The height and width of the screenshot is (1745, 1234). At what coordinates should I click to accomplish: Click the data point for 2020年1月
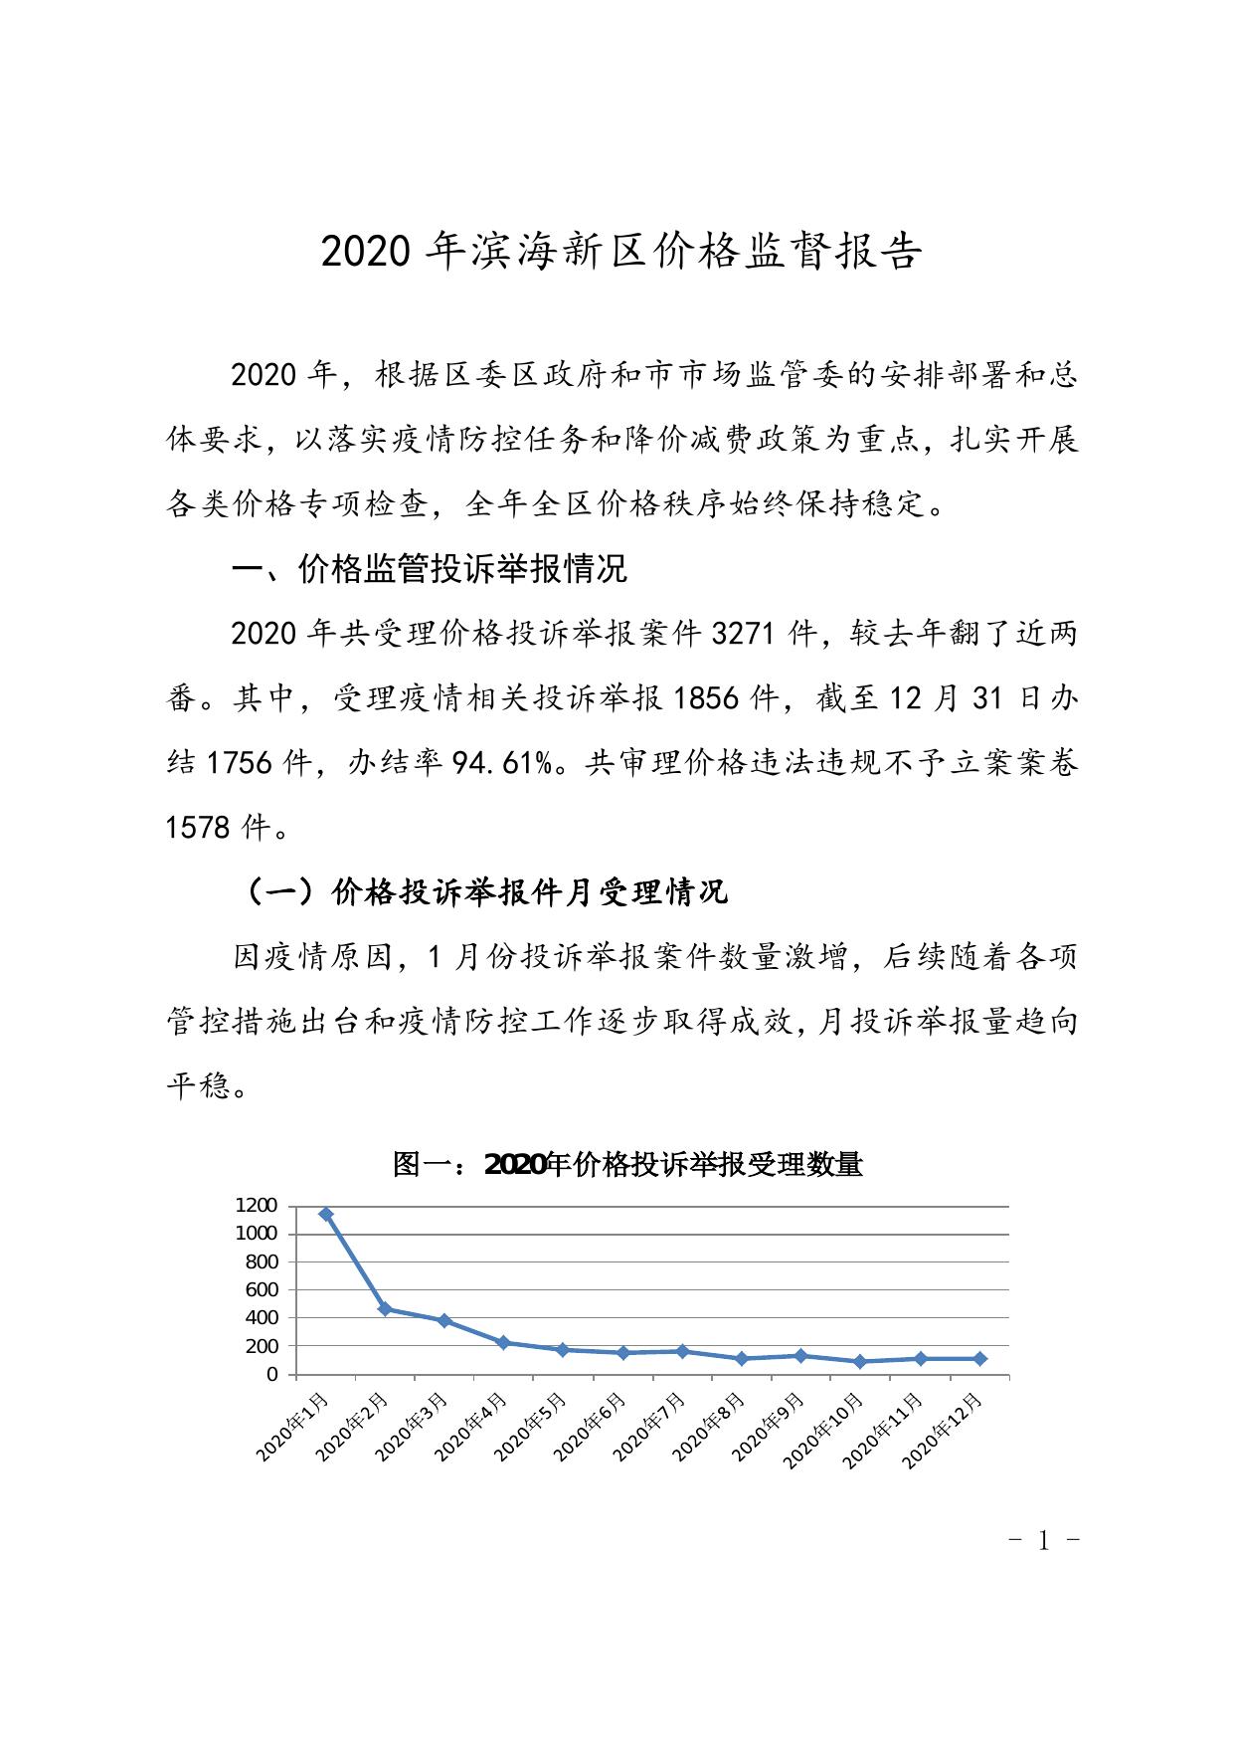325,1214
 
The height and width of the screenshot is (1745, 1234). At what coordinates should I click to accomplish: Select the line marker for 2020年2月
385,1309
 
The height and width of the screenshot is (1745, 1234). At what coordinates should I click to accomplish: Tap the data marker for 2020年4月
503,1342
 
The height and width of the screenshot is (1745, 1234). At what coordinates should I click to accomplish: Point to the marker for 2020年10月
860,1361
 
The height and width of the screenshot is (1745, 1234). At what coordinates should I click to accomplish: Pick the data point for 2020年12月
979,1358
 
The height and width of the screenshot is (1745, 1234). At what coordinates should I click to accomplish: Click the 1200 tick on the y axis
256,1205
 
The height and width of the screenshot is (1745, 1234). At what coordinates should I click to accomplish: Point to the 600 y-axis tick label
262,1289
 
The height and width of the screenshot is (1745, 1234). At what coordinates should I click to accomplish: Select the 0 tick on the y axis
272,1374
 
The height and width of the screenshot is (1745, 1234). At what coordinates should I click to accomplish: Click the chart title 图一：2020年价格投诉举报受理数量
627,1163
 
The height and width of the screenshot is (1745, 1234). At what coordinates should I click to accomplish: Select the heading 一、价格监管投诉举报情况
430,568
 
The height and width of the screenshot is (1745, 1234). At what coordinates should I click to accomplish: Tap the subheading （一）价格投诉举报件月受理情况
486,891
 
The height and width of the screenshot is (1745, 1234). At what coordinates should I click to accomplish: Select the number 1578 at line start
198,826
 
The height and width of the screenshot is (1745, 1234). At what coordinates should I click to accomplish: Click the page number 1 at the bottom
1043,1542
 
